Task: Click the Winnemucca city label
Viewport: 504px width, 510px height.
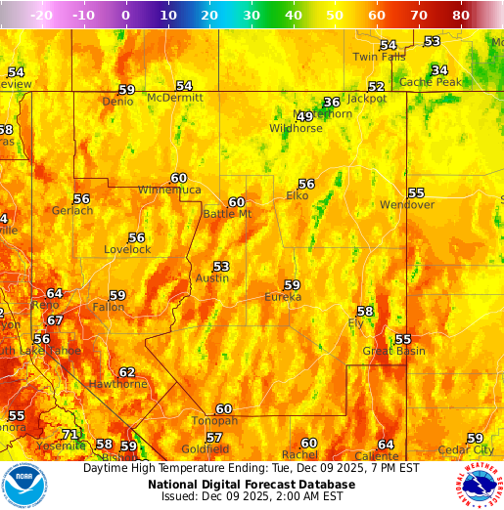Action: tap(169, 190)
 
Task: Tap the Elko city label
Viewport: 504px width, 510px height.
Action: tap(298, 195)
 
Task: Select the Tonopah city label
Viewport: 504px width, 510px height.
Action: tap(214, 421)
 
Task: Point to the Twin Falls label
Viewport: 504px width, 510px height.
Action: tap(379, 57)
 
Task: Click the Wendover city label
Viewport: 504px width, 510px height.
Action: tap(407, 205)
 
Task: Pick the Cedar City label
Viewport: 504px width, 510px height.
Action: tap(467, 449)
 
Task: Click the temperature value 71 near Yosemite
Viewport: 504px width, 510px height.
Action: tap(69, 434)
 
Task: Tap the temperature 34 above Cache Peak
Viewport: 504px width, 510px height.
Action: tap(439, 70)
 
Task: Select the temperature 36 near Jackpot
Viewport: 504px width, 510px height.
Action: tap(332, 102)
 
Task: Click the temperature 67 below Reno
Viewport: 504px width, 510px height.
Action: tap(55, 320)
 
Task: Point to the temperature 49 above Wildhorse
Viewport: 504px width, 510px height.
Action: tap(304, 116)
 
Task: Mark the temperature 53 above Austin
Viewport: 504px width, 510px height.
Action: tap(221, 266)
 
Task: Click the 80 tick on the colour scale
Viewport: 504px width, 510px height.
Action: tap(461, 16)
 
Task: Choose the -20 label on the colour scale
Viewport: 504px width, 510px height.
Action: tap(41, 16)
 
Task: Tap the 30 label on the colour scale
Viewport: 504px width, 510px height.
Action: tap(251, 16)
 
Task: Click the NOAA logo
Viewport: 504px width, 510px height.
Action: tap(24, 486)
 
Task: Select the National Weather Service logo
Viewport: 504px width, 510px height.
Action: tap(479, 486)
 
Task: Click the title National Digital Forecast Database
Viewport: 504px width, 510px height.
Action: tap(252, 484)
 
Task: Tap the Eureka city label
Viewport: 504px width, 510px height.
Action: tap(283, 297)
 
